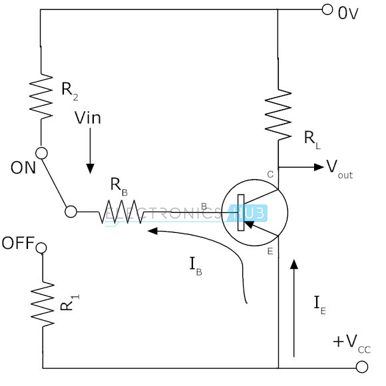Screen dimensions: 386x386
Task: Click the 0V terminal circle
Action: (x=327, y=9)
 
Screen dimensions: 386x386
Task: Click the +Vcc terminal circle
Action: (x=362, y=367)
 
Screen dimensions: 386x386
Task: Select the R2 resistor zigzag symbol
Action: (x=41, y=96)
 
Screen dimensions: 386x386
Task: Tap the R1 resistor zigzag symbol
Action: (x=43, y=305)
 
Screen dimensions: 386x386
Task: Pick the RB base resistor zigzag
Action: (x=121, y=212)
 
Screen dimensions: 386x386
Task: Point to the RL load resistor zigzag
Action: (x=278, y=114)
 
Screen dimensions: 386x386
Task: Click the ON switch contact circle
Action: (x=41, y=153)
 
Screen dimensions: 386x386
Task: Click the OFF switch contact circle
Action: (x=41, y=248)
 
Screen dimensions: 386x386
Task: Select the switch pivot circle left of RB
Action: (x=71, y=212)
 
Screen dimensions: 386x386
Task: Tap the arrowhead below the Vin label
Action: (x=90, y=168)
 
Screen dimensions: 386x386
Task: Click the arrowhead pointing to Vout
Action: (x=319, y=167)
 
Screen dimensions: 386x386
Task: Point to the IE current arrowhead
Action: (x=293, y=264)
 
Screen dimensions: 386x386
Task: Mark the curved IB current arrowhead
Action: (x=152, y=231)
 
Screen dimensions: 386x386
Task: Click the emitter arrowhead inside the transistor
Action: (x=248, y=224)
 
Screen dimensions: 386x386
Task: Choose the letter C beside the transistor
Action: (x=270, y=174)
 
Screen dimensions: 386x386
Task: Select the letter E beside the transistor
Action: (x=270, y=252)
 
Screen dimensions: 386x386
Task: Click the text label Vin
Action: (x=88, y=118)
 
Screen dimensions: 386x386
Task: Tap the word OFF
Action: (x=18, y=243)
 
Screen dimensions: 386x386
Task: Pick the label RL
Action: (x=312, y=140)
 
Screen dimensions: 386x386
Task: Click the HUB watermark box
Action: (x=248, y=213)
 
